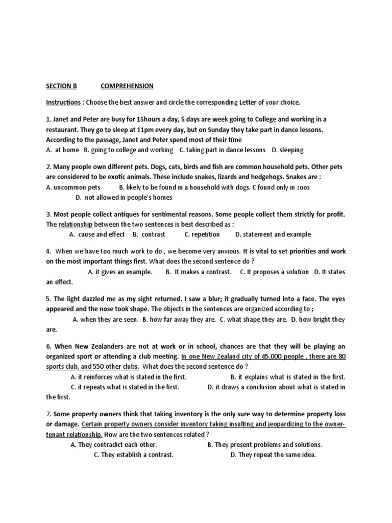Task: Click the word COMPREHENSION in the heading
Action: tap(127, 86)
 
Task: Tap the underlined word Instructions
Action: tap(63, 102)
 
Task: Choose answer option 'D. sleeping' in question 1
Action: tap(288, 150)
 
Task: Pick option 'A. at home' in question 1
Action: tap(62, 150)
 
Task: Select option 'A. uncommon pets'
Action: tap(73, 187)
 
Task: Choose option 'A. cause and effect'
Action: tap(97, 234)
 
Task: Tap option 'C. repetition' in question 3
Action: tap(202, 234)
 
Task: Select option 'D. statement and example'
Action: tap(273, 234)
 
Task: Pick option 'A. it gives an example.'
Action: tap(120, 272)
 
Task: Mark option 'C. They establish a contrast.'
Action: tap(134, 455)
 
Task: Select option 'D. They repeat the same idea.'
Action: tap(273, 455)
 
